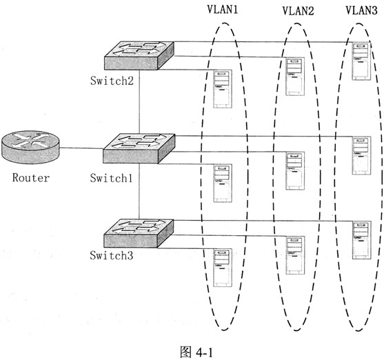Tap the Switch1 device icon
tap(140, 149)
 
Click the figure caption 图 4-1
tap(192, 351)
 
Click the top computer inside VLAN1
tap(223, 89)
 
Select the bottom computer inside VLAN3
tap(360, 240)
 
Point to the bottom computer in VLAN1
tap(223, 268)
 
